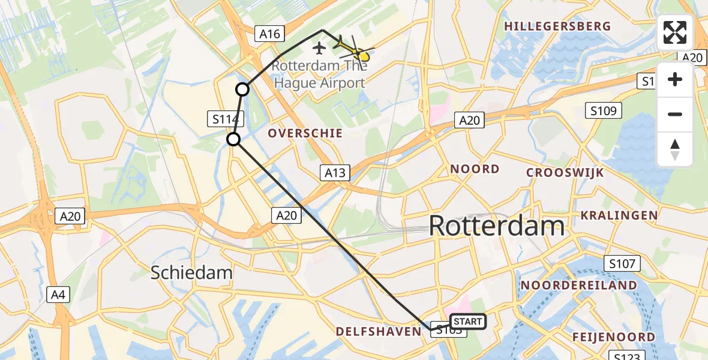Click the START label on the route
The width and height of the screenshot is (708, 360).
[467, 322]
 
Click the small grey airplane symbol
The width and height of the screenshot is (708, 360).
[319, 47]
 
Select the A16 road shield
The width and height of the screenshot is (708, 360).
[269, 34]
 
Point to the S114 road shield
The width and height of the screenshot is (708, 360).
[226, 119]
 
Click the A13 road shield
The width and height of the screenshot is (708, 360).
[335, 173]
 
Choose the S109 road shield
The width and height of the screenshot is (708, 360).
[604, 110]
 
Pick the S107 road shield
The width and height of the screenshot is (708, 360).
[623, 263]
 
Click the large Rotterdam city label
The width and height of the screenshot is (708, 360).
[497, 227]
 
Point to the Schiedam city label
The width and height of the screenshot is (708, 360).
[191, 272]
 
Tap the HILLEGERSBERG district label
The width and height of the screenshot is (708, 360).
[558, 26]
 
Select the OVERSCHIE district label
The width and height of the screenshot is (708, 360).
[305, 133]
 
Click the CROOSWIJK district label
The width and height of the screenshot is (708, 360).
[565, 173]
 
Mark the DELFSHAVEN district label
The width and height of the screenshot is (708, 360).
[379, 332]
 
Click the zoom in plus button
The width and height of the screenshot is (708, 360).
[675, 79]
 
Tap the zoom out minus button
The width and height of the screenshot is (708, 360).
[675, 114]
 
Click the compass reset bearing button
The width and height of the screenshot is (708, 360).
[675, 149]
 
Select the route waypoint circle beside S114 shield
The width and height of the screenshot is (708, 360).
[233, 140]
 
